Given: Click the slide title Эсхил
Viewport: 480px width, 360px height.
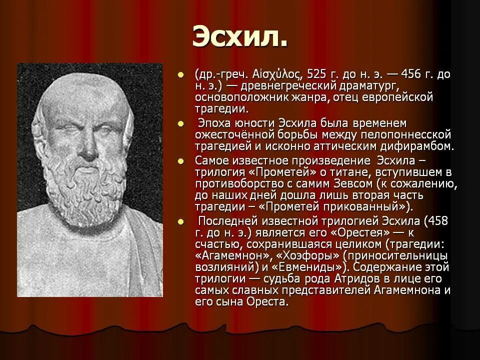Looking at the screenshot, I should pos(239,38).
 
